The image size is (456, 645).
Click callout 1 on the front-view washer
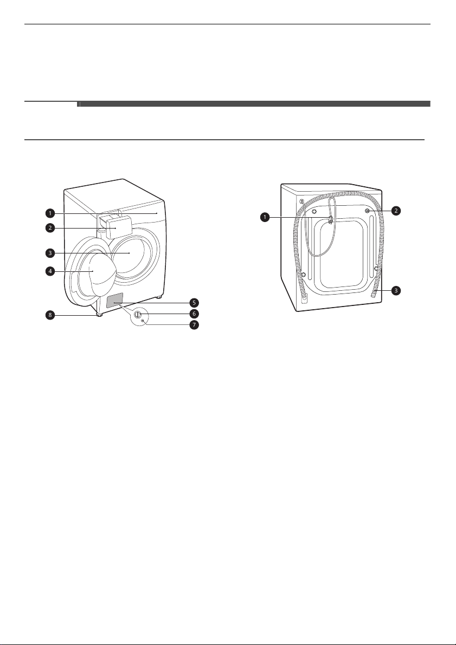(50, 213)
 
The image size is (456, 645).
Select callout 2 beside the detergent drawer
(50, 228)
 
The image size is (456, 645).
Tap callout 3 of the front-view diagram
(50, 253)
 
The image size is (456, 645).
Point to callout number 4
(50, 271)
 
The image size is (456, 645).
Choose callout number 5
(194, 303)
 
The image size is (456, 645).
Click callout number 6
(194, 314)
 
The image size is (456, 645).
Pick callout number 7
(194, 325)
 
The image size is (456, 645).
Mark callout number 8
(50, 316)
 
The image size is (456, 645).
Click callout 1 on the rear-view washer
(265, 217)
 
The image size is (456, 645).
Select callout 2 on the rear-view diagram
(396, 211)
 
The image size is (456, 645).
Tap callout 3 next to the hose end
(396, 290)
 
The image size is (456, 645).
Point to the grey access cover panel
(115, 301)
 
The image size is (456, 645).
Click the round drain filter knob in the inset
(138, 315)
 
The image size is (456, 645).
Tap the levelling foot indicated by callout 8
(99, 315)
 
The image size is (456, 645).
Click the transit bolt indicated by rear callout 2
(367, 211)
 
